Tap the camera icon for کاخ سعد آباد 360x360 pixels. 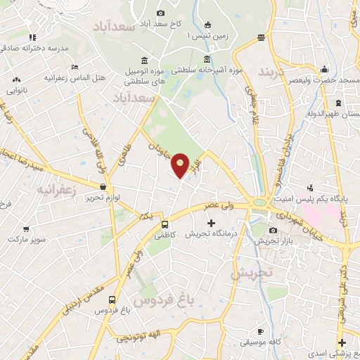(x=160, y=13)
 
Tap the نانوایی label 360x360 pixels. (x=18, y=91)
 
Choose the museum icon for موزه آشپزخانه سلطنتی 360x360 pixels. (x=207, y=60)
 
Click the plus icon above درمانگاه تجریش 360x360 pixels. (x=211, y=223)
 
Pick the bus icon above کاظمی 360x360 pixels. (x=165, y=225)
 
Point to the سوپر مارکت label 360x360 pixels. (x=27, y=240)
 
